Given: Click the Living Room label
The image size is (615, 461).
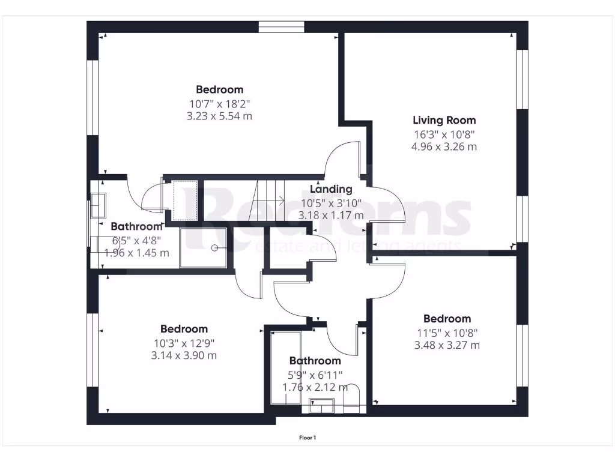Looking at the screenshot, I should pos(444,120).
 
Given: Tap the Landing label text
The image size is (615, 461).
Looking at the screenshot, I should pos(331,190).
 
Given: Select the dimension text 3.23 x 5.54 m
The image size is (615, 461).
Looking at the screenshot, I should pos(219,116).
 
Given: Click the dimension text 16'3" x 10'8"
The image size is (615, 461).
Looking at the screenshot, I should pos(444,135).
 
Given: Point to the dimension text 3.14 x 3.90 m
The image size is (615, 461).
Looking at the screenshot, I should pos(184,355).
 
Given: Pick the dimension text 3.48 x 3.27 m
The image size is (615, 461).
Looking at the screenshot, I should pos(447,345).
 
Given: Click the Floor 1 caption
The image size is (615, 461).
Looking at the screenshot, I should pos(307,438).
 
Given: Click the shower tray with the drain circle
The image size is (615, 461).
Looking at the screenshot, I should pos(204,247).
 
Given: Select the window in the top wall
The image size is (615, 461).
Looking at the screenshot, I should pos(282,27).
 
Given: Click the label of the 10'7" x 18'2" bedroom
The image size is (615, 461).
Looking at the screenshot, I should pos(219,90).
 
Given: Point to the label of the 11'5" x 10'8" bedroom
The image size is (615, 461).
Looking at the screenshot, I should pos(447,319).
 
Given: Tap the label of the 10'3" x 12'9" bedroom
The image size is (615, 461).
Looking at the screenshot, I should pos(184,329).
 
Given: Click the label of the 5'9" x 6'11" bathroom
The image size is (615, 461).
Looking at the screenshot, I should pos(315,361).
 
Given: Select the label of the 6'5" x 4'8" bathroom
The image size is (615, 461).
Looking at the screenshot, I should pos(136,226).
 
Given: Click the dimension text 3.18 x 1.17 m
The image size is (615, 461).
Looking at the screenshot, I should pos(331,215).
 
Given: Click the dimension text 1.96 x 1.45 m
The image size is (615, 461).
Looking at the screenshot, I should pos(137,253).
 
